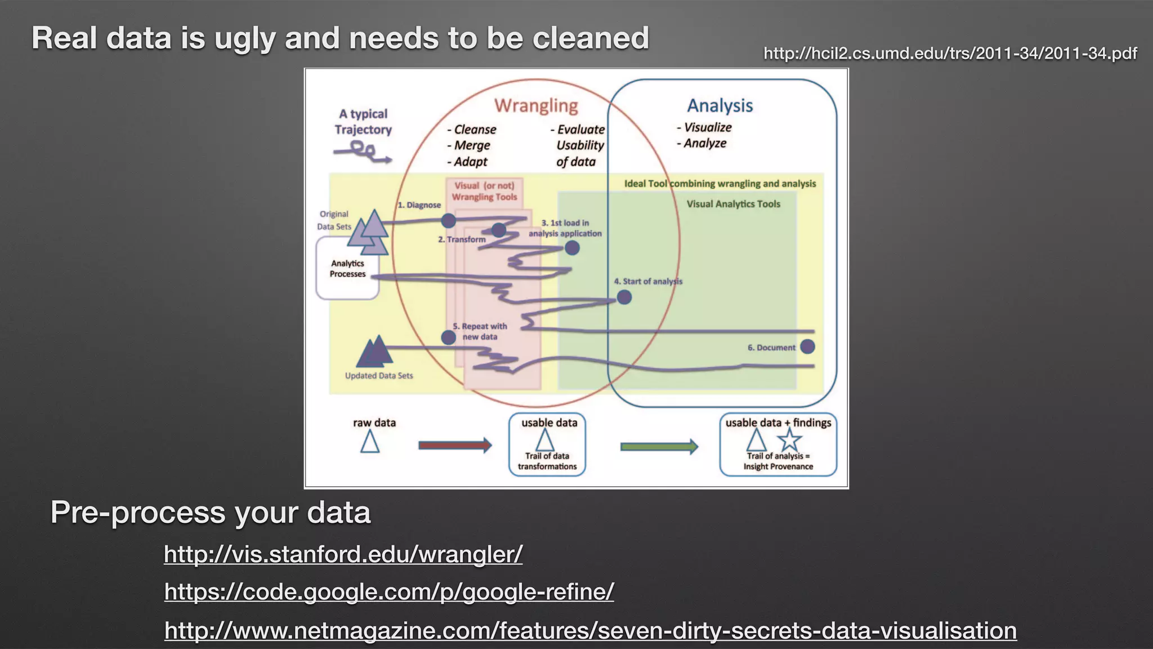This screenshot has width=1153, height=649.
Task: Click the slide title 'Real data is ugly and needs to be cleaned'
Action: [x=340, y=38]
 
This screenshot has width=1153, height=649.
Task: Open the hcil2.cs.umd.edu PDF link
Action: [x=950, y=54]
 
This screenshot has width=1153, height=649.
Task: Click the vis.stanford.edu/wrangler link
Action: [x=343, y=554]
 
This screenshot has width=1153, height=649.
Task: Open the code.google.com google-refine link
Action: [x=388, y=592]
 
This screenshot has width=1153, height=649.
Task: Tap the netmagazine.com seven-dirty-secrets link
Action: [x=590, y=630]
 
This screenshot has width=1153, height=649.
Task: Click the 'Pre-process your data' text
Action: [x=211, y=513]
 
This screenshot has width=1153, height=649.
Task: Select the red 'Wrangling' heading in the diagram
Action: [x=536, y=106]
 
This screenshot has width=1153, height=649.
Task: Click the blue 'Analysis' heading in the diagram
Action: [x=719, y=106]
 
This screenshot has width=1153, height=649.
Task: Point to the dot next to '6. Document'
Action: [x=807, y=346]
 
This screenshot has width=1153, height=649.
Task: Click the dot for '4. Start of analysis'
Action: [x=624, y=297]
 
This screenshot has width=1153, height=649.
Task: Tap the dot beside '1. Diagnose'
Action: [x=448, y=220]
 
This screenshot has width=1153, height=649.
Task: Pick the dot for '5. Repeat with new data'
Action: [x=448, y=337]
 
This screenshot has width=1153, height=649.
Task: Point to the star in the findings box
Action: [x=789, y=440]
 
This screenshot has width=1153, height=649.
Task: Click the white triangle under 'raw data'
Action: [x=370, y=442]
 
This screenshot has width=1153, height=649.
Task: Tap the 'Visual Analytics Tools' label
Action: [x=733, y=205]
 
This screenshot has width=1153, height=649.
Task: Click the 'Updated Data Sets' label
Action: [x=379, y=376]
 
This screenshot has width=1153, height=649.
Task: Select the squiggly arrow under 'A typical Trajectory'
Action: [x=363, y=152]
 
